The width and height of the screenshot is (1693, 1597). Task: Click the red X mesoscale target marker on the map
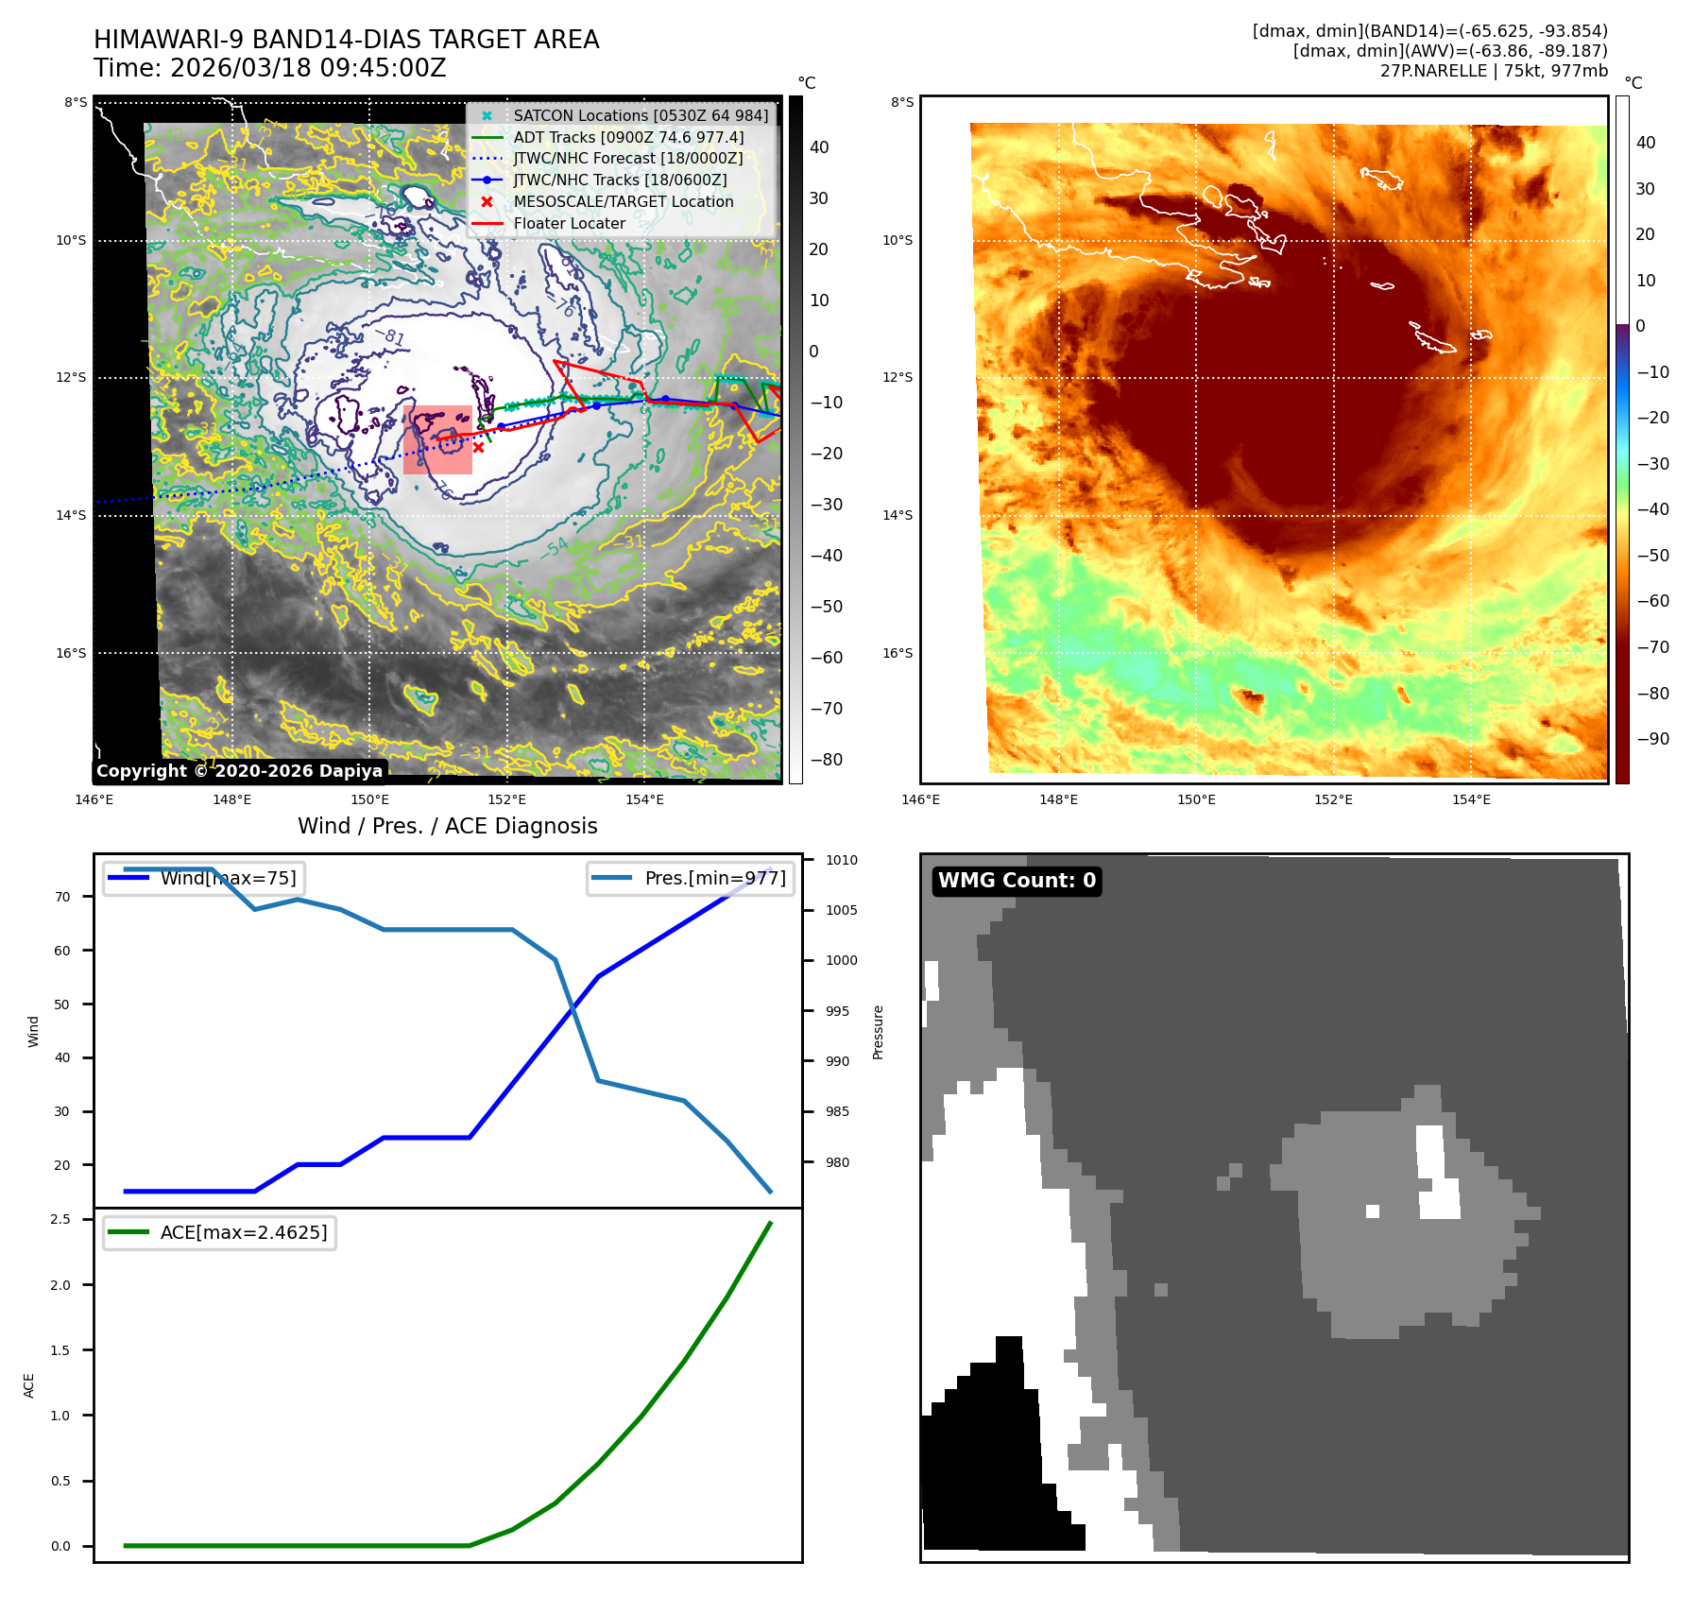pos(478,448)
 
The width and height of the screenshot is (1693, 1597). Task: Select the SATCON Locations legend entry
pos(641,115)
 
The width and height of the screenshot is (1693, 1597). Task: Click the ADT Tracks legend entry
pos(628,137)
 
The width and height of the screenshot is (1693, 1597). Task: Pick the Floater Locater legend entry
pos(569,224)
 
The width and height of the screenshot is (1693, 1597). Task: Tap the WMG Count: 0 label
pos(1017,881)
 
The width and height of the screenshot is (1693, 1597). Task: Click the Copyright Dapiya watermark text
pos(239,771)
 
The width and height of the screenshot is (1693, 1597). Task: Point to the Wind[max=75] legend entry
pos(228,878)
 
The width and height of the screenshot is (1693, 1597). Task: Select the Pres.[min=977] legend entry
pos(714,878)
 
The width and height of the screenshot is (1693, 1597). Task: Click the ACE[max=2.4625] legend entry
pos(243,1232)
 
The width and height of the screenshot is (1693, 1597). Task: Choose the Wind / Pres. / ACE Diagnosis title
pos(447,826)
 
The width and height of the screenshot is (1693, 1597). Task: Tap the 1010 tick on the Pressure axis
pos(841,860)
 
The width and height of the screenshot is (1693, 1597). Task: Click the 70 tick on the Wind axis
pos(62,897)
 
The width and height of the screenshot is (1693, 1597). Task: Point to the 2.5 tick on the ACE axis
pos(60,1219)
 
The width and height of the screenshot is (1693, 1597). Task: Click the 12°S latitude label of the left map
pos(71,378)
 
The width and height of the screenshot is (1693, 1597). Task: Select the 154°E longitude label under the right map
pos(1471,799)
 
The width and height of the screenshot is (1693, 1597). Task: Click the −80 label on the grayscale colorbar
pos(826,760)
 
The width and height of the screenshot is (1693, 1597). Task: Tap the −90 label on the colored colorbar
pos(1652,739)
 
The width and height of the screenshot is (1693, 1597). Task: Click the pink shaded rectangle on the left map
pos(437,440)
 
